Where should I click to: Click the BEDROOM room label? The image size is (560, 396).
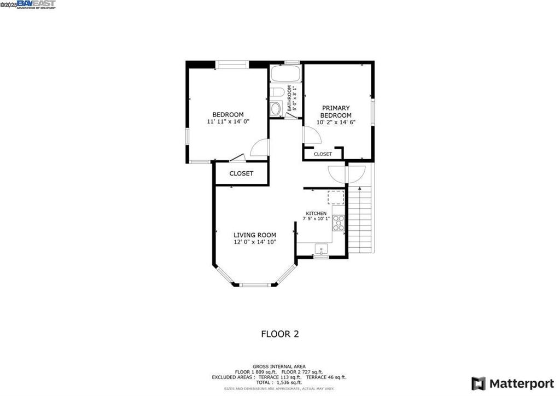point(228,115)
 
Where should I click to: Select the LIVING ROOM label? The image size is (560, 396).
point(251,235)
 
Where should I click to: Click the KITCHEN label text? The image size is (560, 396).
point(316,213)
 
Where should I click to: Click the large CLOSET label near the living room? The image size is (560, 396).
point(241,173)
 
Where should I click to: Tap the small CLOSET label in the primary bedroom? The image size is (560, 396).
point(323,154)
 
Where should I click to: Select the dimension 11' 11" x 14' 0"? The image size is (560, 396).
point(228,121)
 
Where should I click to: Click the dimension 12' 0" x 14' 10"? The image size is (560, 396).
point(251,242)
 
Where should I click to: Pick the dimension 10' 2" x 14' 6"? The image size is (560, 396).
point(336,123)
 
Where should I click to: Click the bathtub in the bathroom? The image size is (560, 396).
point(284,74)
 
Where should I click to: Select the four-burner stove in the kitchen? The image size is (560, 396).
point(339,223)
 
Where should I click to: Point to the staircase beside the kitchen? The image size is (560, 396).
point(361,219)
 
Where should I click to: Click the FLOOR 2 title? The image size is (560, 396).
point(279,334)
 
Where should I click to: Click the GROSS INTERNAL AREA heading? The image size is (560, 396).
point(279,366)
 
